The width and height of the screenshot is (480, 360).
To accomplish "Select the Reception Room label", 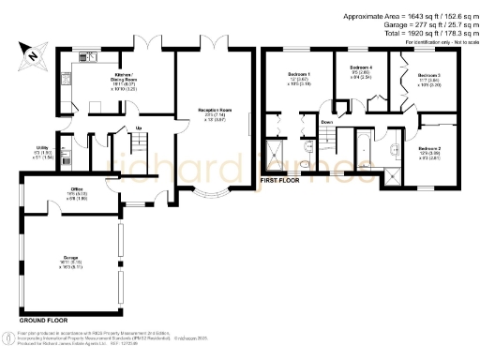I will (215, 113).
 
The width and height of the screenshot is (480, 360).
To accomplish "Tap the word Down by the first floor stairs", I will (326, 123).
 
